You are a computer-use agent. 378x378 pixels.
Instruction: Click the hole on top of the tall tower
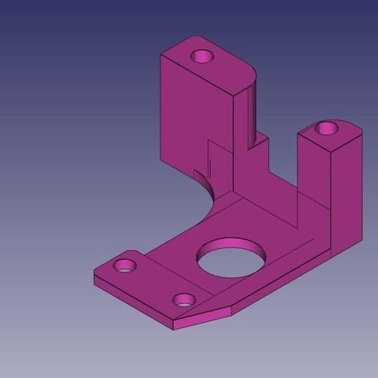(x=200, y=56)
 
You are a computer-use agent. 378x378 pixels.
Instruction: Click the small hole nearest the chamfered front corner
(x=183, y=299)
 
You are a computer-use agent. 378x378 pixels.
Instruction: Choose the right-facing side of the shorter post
(x=347, y=190)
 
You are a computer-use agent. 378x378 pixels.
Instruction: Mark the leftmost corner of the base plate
(x=95, y=271)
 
